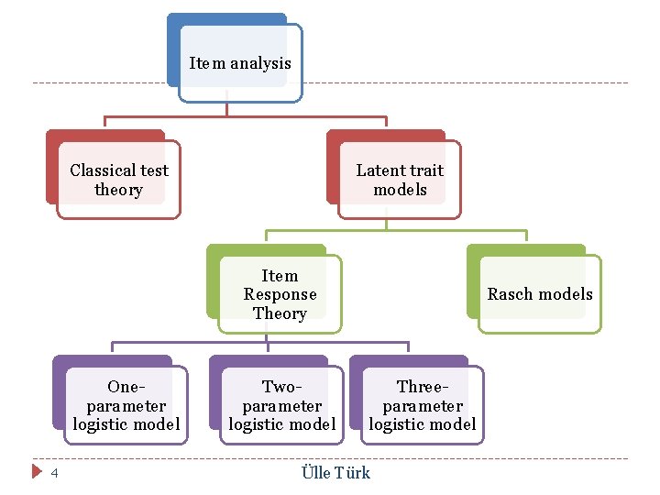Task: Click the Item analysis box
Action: [x=239, y=63]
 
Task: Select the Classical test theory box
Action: [x=118, y=180]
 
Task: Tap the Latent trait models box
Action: [x=399, y=180]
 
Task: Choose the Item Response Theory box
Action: [x=280, y=294]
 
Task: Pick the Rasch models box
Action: [x=539, y=294]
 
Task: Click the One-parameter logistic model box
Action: [x=126, y=405]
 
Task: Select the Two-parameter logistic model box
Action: [x=281, y=405]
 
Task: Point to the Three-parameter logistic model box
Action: [x=422, y=405]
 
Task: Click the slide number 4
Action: [x=54, y=473]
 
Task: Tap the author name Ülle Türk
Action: [x=335, y=473]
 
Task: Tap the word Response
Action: [x=280, y=294]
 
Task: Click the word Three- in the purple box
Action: [x=422, y=387]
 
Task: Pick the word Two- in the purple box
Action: [x=281, y=387]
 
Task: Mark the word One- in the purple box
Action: [x=126, y=387]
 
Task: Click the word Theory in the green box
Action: [x=280, y=313]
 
